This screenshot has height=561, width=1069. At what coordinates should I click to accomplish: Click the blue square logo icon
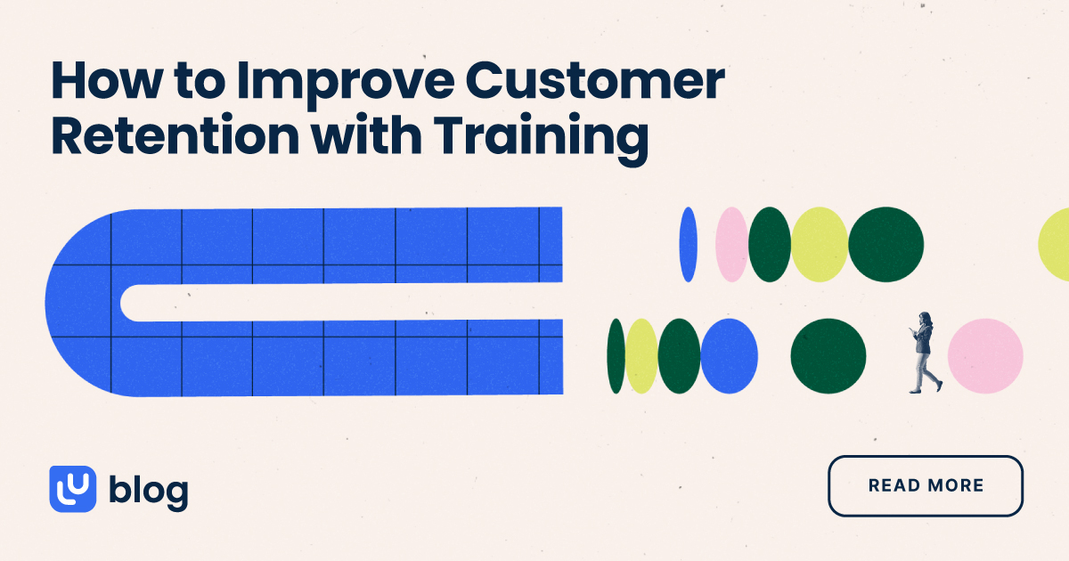(72, 488)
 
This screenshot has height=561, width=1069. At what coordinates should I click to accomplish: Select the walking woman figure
(923, 354)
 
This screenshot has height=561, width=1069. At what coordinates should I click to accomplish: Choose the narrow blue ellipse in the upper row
(688, 245)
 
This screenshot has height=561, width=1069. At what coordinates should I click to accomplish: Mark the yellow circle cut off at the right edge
(1056, 243)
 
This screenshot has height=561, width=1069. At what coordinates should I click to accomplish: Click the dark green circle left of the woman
(828, 355)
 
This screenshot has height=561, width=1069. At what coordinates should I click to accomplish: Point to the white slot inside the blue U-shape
(339, 303)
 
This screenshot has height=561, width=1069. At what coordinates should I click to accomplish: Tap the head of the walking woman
(925, 318)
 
